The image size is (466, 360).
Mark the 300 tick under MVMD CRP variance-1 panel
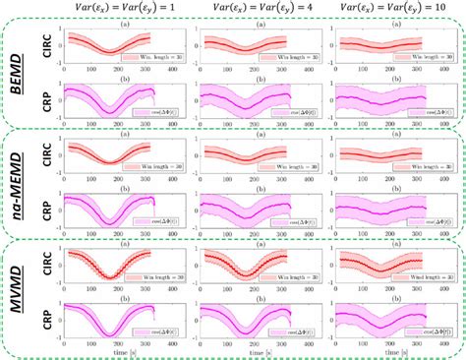tap(146, 345)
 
